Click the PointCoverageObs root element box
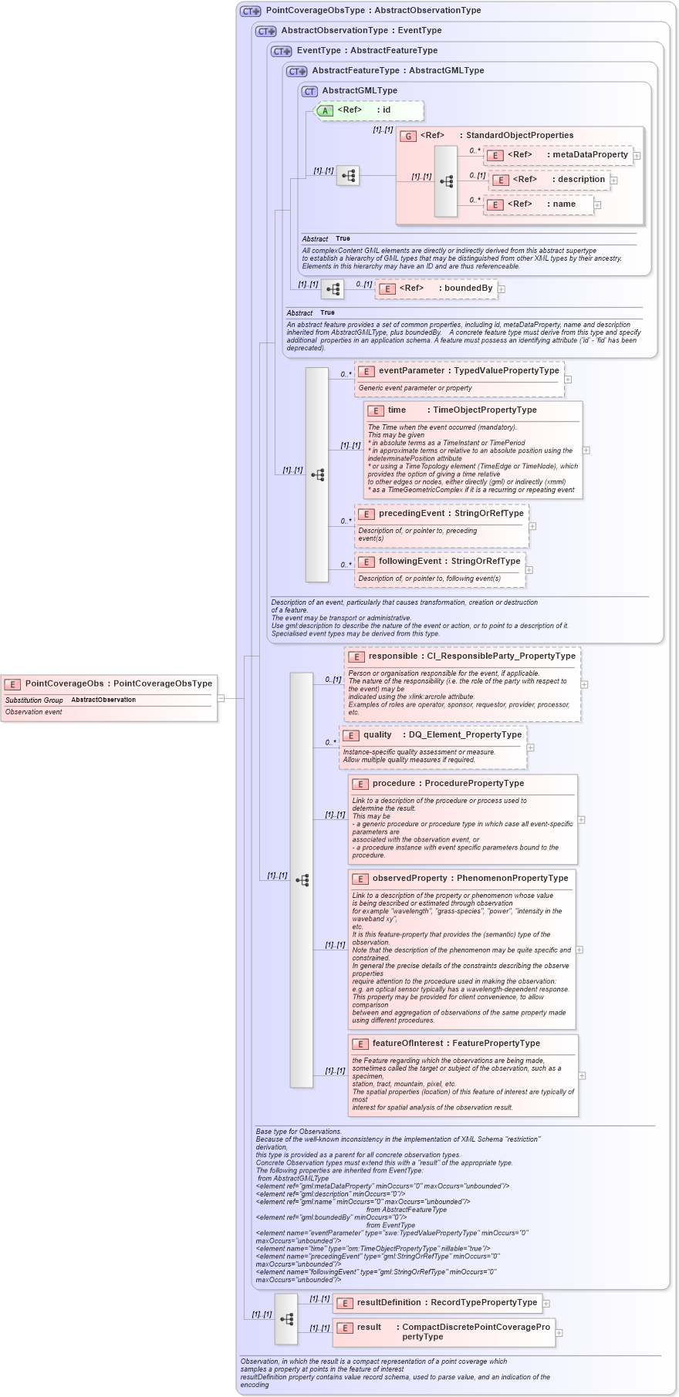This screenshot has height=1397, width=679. [109, 683]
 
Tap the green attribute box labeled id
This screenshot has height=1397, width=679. [370, 110]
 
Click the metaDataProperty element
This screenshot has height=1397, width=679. [559, 155]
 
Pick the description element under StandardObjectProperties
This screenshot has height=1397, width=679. [552, 180]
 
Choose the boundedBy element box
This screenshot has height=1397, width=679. [437, 289]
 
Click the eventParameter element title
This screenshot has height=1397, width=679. [459, 371]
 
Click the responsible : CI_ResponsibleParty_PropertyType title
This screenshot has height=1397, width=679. [462, 656]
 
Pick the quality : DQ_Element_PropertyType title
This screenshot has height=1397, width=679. [433, 735]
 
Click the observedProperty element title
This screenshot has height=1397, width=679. [460, 879]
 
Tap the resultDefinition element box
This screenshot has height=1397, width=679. [437, 1303]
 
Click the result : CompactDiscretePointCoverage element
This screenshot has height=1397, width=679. [444, 1331]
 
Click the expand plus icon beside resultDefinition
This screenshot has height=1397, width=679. [546, 1304]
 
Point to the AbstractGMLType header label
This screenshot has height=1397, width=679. [360, 91]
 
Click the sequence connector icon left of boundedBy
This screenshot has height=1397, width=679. [333, 290]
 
